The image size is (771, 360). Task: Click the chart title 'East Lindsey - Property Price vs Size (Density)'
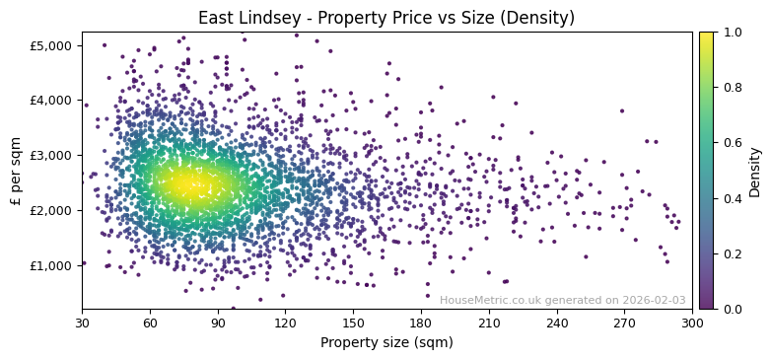coord(386,18)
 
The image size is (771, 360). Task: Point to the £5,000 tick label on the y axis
coord(50,45)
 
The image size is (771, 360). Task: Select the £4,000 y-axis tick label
coord(50,100)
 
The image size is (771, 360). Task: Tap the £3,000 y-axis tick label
coord(50,155)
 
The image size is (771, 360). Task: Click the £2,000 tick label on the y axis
coord(50,210)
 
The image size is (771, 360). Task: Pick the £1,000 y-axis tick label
coord(50,265)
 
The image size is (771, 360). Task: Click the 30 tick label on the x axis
coord(82,323)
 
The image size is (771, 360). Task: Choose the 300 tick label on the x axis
coord(692,323)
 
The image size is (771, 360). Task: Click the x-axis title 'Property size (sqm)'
coord(386,342)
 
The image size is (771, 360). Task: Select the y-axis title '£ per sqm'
coord(16,170)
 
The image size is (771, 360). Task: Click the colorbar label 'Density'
coord(755,171)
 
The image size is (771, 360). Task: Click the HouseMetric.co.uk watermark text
coord(562,300)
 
